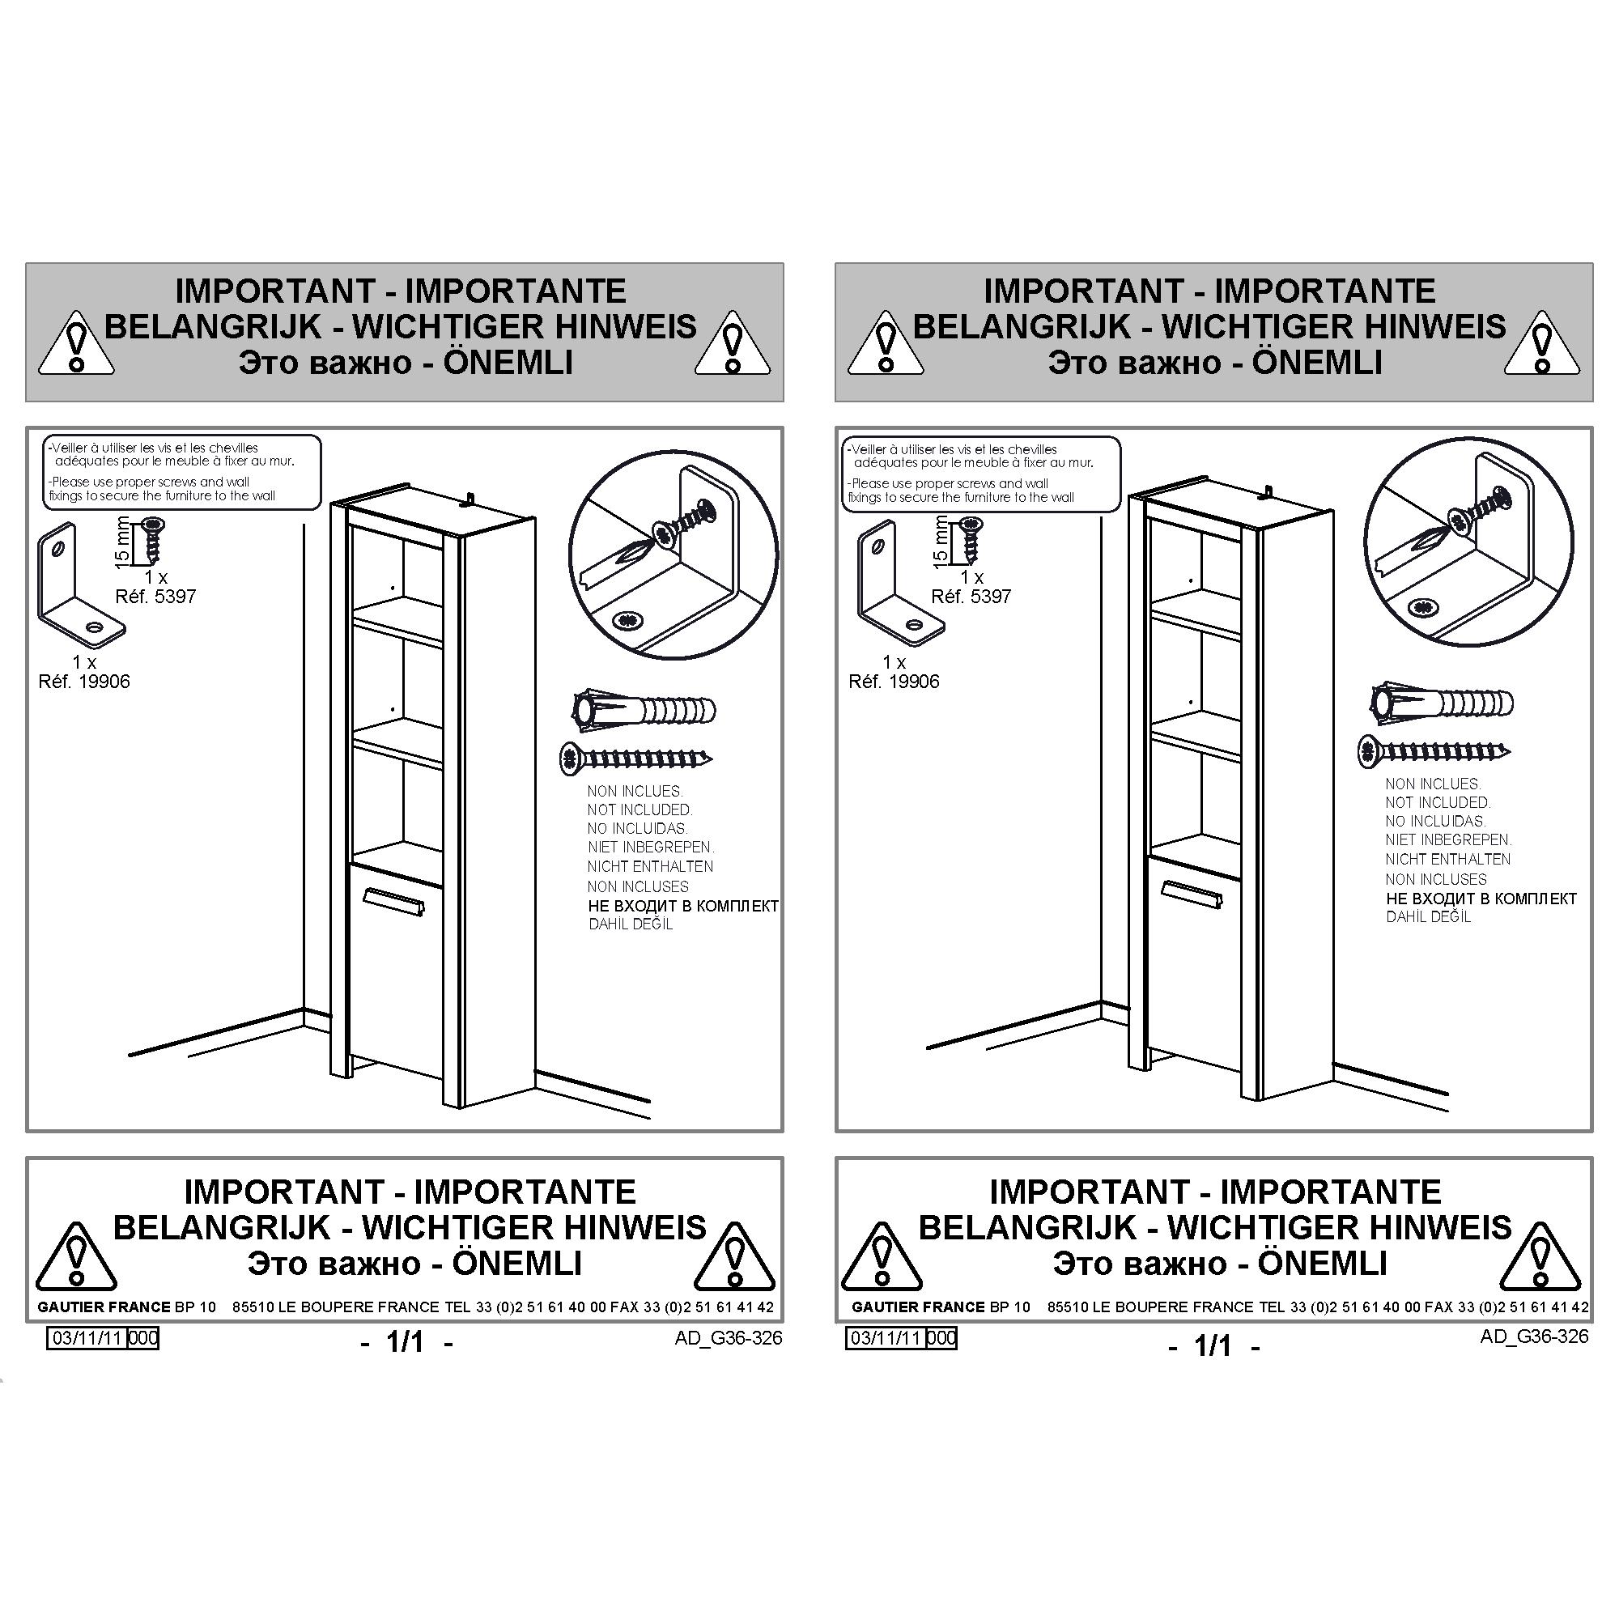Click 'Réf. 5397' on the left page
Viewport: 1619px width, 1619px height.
[155, 597]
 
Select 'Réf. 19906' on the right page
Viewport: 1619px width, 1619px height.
[894, 682]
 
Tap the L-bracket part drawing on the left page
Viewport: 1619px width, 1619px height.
[79, 586]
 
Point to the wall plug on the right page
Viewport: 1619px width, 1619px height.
[1441, 702]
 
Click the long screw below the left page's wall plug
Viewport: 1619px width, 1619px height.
[636, 759]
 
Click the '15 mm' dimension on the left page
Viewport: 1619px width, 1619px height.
[122, 542]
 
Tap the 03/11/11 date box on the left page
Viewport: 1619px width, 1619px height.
[102, 1338]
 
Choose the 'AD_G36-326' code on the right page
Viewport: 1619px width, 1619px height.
[1533, 1336]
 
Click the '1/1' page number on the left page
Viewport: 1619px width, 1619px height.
[406, 1341]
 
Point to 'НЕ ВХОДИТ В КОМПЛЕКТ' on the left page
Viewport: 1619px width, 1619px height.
[683, 906]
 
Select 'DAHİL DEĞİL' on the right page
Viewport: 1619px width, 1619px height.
[1429, 917]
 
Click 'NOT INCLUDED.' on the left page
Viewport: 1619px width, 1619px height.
[640, 810]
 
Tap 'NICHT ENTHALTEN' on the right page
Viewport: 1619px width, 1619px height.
[1448, 859]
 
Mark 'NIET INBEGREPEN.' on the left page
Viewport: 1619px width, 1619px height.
[651, 848]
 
